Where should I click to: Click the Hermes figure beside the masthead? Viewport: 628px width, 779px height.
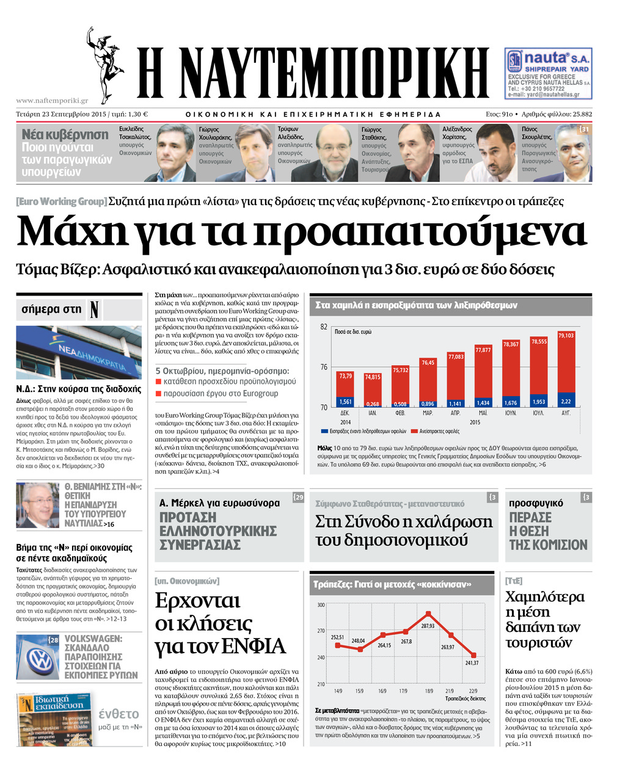105,64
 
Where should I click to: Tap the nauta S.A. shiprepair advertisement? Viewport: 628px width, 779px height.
549,73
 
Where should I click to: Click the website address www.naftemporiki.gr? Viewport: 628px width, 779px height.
52,101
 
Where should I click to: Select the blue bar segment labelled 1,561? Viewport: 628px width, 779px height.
345,402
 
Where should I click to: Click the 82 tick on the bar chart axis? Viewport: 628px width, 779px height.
324,327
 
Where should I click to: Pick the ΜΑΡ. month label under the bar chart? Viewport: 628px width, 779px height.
428,413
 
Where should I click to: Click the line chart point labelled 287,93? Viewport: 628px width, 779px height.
429,614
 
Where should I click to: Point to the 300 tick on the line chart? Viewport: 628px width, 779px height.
321,605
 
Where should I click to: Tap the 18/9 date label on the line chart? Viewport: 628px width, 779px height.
428,691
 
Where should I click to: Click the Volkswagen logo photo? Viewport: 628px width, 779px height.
40,660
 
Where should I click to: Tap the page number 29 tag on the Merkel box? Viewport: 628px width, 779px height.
298,497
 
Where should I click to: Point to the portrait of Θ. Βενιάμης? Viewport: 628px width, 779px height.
38,505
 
